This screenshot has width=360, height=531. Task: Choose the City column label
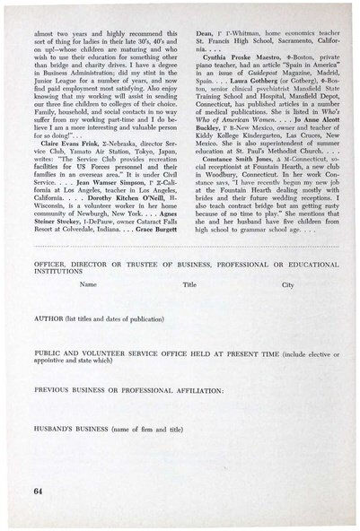288,284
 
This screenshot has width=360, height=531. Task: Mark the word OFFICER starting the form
50,263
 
